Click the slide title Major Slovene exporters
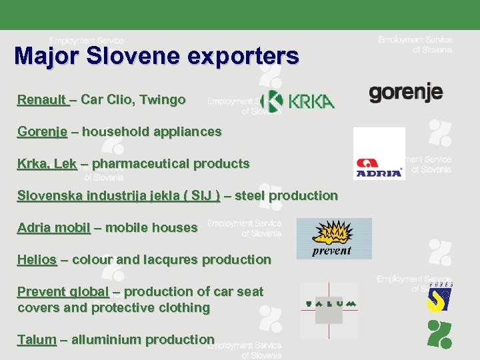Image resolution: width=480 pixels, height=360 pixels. tap(157, 55)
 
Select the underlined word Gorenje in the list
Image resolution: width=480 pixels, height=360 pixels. tap(42, 132)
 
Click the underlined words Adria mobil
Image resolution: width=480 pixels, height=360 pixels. tap(54, 228)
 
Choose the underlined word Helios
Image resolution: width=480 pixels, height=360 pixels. tap(37, 260)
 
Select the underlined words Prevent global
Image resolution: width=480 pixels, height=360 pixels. tap(63, 292)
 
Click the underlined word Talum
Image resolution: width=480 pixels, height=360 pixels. tap(37, 340)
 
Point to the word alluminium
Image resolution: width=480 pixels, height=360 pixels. tap(107, 340)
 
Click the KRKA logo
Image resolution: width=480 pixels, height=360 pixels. tap(299, 101)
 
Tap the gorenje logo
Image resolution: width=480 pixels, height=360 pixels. tap(405, 91)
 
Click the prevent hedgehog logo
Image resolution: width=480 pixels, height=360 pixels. tap(333, 239)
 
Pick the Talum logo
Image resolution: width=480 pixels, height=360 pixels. tap(329, 305)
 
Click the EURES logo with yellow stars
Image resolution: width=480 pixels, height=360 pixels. tap(440, 297)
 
